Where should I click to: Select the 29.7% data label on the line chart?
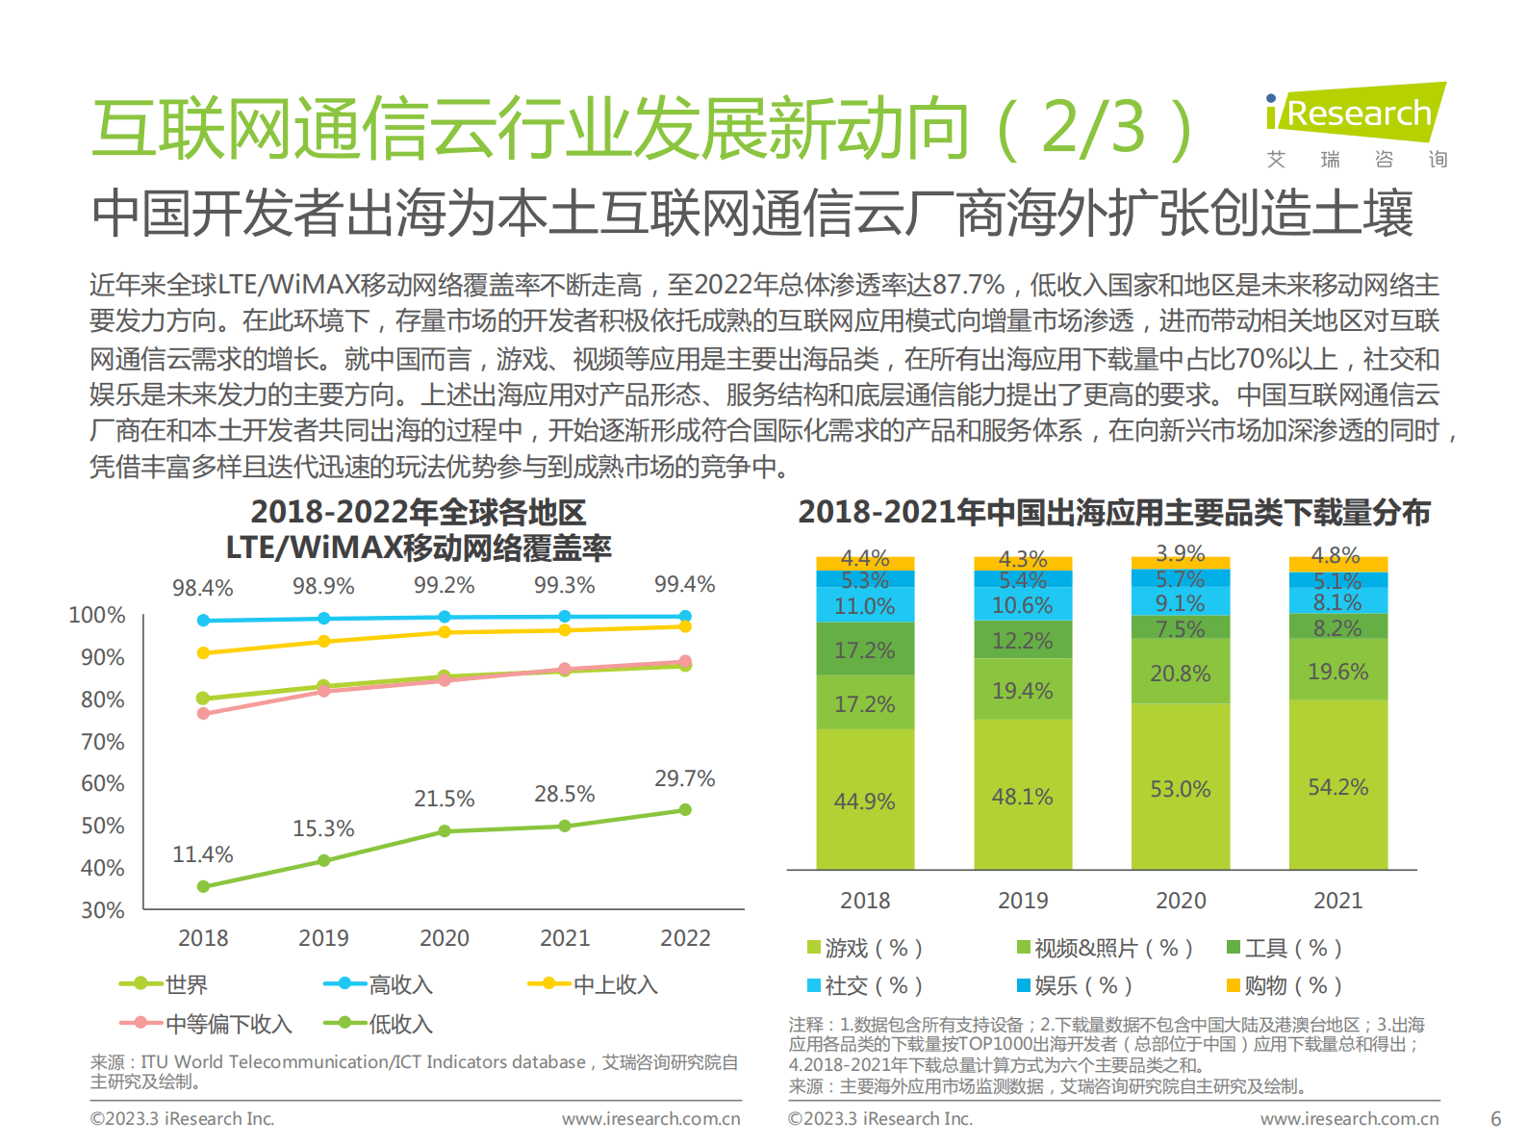[x=684, y=778]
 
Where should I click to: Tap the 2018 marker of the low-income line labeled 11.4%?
[x=203, y=886]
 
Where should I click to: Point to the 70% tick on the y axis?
[x=103, y=742]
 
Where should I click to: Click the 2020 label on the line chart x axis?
[x=444, y=938]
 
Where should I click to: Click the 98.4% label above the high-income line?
[x=202, y=588]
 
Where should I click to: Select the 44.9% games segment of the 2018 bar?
[x=864, y=801]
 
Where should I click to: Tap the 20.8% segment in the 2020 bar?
[x=1180, y=674]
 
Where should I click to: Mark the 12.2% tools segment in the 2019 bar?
[x=1022, y=641]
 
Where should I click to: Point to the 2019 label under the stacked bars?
[x=1022, y=901]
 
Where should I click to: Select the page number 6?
[x=1495, y=1119]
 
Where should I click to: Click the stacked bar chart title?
[x=1113, y=513]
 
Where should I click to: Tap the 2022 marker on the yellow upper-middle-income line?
[x=685, y=626]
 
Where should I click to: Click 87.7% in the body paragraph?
[x=968, y=285]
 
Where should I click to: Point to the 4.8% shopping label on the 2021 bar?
[x=1336, y=556]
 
